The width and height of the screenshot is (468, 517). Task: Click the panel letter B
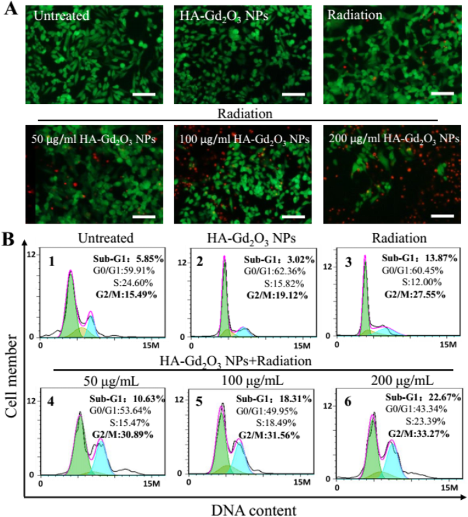pyautogui.click(x=10, y=239)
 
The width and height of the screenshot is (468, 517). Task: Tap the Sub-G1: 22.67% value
pyautogui.click(x=422, y=397)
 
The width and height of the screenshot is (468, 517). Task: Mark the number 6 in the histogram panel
pyautogui.click(x=347, y=401)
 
